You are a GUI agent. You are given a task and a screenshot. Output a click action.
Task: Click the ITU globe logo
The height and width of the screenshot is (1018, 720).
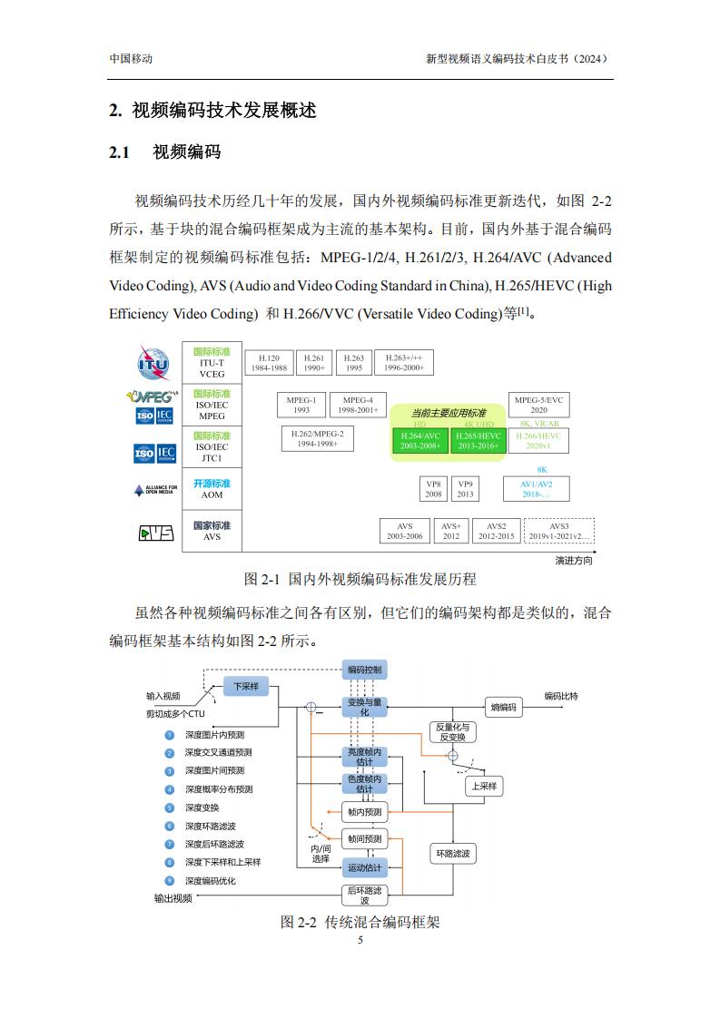153,363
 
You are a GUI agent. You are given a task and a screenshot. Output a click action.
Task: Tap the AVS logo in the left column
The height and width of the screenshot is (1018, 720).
156,533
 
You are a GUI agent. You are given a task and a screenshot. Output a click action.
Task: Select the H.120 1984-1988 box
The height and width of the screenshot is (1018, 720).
269,362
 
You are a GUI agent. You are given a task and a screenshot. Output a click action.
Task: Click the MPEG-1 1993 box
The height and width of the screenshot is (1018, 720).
301,405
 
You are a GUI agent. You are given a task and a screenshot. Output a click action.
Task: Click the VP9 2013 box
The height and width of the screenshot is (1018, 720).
465,489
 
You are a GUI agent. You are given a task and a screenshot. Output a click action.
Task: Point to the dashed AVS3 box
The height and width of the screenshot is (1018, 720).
559,531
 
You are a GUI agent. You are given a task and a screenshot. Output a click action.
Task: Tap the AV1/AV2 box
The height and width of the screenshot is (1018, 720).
536,489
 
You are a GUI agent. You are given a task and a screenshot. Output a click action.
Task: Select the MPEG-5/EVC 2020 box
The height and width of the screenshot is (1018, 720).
538,405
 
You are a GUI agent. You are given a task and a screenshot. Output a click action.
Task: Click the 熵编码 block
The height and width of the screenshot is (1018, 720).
504,707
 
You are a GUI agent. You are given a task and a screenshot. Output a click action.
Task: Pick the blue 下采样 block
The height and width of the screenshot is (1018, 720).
246,686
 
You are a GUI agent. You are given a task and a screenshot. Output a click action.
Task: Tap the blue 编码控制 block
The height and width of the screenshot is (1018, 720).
365,670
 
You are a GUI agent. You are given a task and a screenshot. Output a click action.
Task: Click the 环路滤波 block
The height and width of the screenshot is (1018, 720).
453,854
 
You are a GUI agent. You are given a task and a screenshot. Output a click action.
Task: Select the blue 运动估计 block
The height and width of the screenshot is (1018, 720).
365,867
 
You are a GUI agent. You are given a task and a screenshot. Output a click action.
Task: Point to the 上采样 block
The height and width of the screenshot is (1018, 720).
484,787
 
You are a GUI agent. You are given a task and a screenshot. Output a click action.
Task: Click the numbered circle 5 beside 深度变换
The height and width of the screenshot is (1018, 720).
170,808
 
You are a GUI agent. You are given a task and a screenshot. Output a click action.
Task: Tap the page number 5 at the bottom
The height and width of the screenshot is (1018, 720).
360,940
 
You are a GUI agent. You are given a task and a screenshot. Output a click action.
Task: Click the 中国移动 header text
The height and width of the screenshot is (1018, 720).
131,58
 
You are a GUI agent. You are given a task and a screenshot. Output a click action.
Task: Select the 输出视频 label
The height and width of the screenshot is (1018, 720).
173,898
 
